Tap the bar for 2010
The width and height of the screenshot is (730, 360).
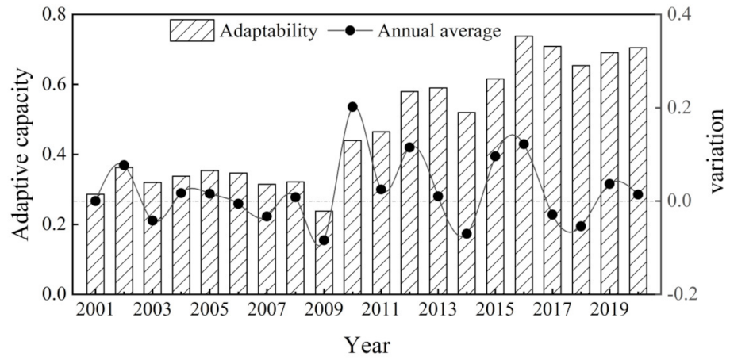pyautogui.click(x=352, y=217)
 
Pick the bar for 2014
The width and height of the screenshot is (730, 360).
pyautogui.click(x=467, y=203)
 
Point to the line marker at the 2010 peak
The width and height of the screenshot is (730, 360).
pyautogui.click(x=352, y=107)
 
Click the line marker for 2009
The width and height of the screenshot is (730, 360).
pyautogui.click(x=324, y=240)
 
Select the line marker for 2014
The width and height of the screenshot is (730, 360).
pyautogui.click(x=467, y=234)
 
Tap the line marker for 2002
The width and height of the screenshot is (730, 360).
pyautogui.click(x=124, y=166)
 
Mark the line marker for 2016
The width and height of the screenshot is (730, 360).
pyautogui.click(x=524, y=144)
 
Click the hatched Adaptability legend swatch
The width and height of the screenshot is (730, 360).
pyautogui.click(x=191, y=31)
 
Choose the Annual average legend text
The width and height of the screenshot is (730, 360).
pyautogui.click(x=440, y=31)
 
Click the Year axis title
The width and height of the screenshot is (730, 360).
pyautogui.click(x=367, y=345)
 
